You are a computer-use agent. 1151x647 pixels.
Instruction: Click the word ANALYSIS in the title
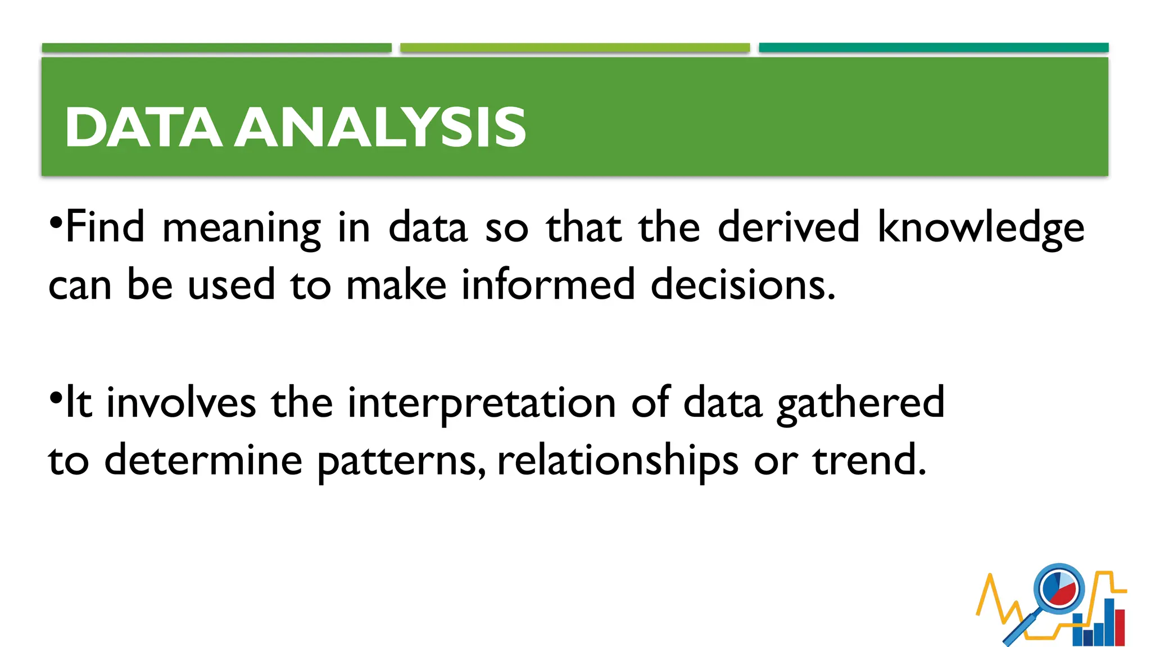coord(380,127)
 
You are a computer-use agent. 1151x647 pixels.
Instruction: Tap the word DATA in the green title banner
coord(143,127)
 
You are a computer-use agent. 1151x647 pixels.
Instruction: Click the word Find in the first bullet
coord(105,227)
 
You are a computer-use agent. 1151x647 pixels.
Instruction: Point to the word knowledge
coord(981,228)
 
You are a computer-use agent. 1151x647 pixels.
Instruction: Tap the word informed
coord(548,284)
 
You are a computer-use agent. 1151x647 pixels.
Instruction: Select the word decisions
coord(743,284)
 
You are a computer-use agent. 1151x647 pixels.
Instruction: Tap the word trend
coord(868,461)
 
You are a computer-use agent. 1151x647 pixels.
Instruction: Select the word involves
coord(181,403)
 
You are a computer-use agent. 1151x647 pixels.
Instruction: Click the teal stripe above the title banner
coord(934,48)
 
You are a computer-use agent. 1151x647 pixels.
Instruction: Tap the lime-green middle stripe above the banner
coord(575,48)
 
